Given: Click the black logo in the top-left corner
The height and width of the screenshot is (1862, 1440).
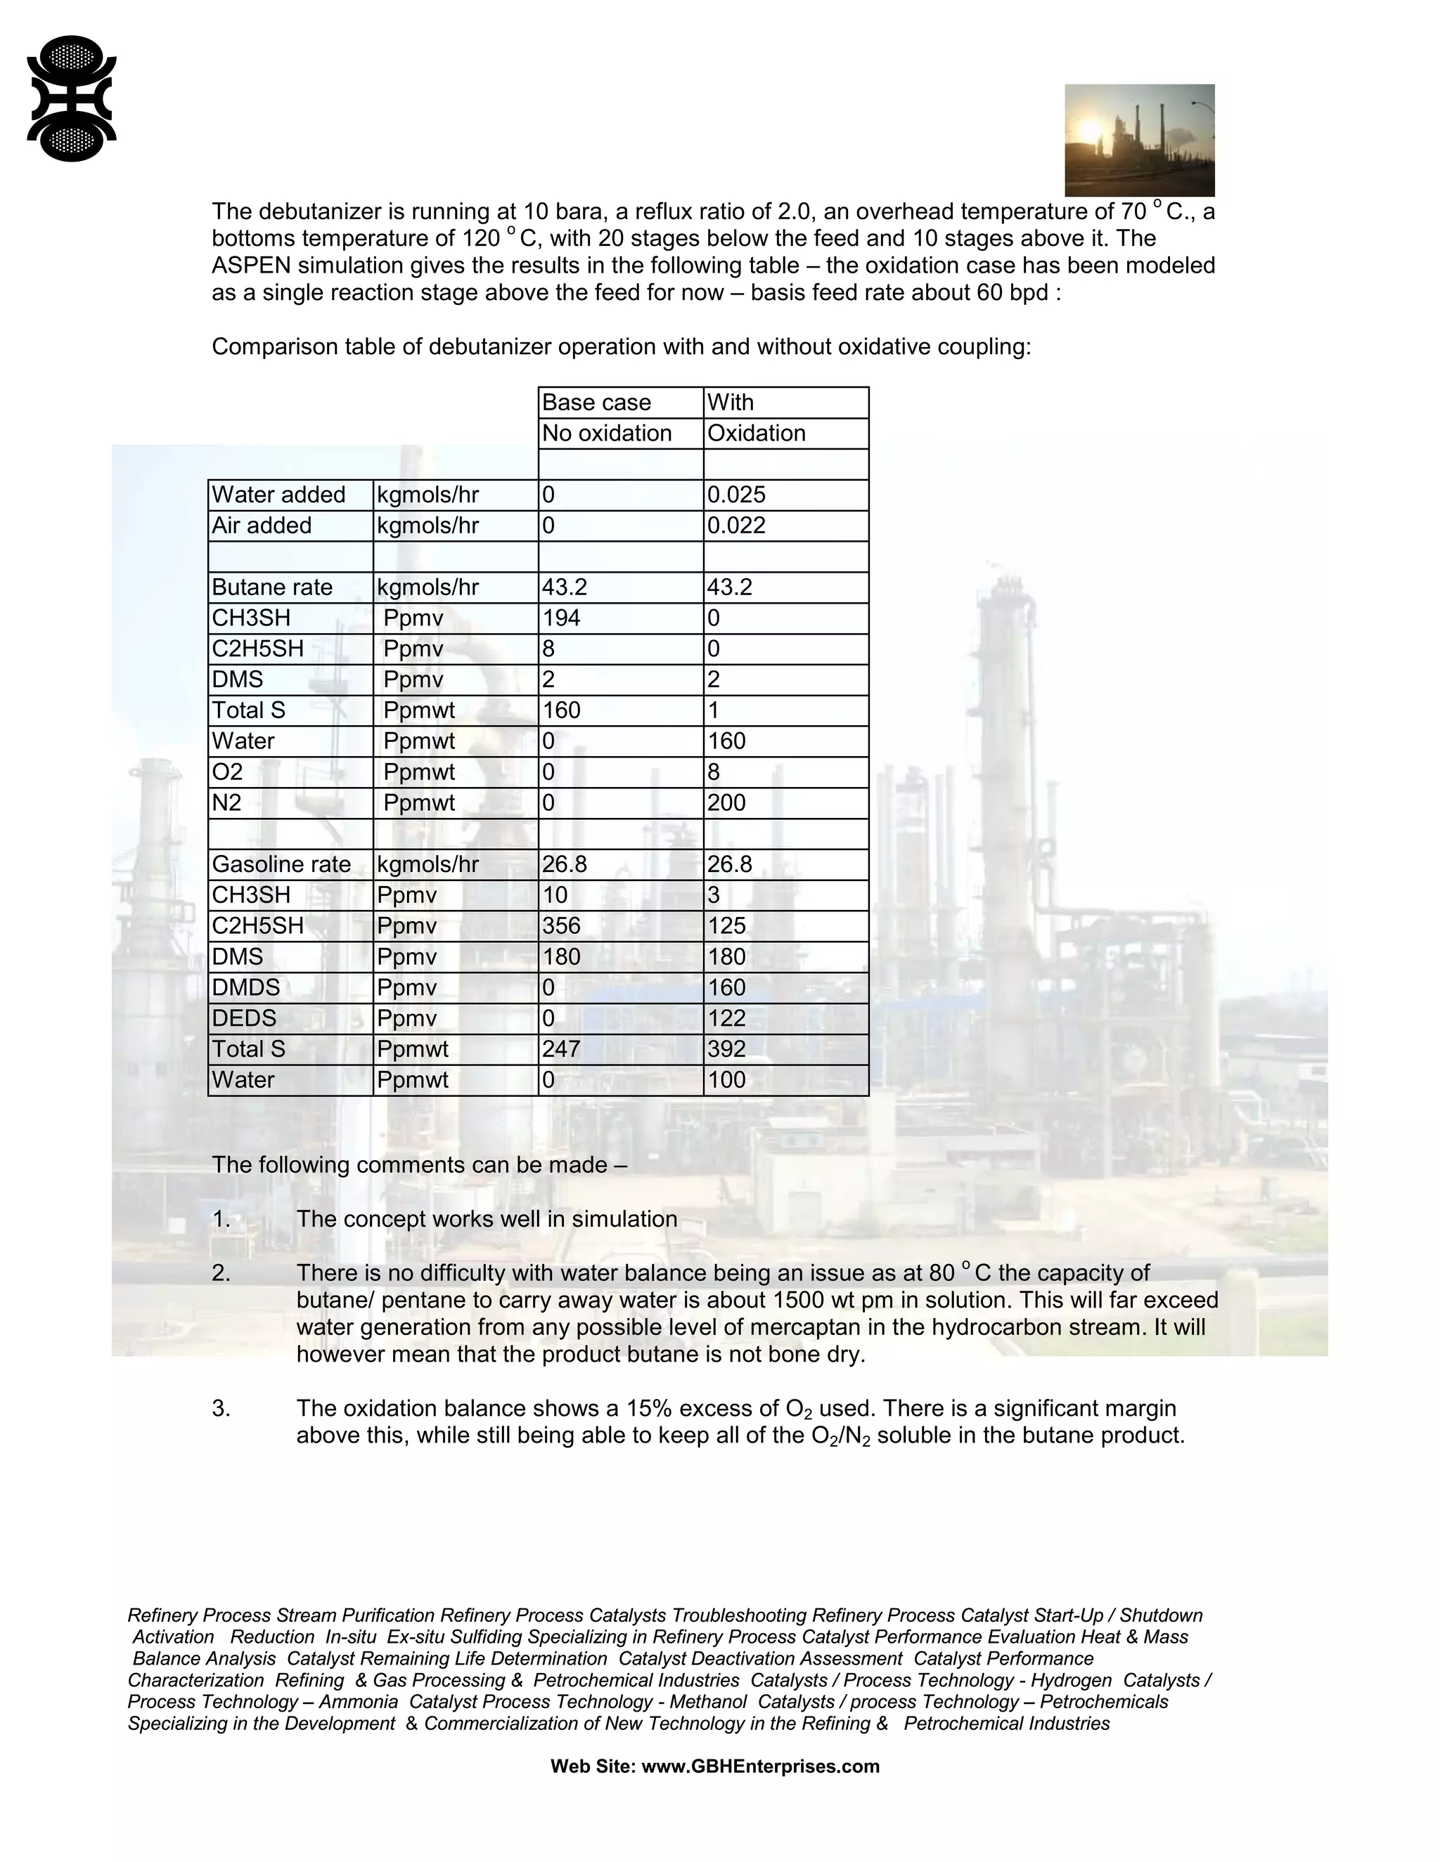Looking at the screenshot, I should click(72, 99).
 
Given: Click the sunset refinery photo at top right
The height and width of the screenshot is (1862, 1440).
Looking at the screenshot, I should click(1139, 140).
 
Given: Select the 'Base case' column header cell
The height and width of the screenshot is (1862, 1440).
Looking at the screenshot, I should click(596, 403).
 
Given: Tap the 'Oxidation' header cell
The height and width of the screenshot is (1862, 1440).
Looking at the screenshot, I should click(756, 433).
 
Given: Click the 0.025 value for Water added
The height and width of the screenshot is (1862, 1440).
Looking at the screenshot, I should click(736, 495).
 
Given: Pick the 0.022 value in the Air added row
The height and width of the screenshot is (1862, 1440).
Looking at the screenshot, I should click(736, 525).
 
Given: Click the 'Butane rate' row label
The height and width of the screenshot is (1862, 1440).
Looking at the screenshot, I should click(271, 587).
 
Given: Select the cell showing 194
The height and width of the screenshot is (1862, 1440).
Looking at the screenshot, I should click(560, 618).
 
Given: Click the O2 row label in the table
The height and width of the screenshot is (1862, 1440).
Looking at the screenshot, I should click(228, 772).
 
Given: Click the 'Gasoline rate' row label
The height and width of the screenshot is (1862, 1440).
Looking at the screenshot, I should click(281, 864).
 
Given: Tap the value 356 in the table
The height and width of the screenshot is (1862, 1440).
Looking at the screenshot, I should click(560, 926).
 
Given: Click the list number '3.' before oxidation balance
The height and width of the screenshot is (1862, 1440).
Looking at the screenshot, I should click(221, 1408).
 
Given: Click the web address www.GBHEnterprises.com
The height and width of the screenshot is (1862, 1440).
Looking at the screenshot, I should click(760, 1766).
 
